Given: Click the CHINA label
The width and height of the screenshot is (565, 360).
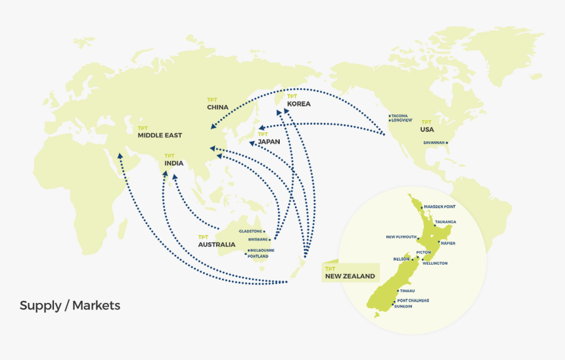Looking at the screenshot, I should tap(217, 107).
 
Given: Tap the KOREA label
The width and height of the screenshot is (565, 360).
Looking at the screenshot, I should tap(298, 104).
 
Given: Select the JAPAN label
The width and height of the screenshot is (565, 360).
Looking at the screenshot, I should tap(269, 142).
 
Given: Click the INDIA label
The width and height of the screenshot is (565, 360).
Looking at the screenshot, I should tap(174, 163).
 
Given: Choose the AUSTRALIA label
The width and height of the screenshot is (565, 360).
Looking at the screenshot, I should tap(216, 244).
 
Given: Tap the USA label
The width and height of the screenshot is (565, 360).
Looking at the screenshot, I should tap(427, 129).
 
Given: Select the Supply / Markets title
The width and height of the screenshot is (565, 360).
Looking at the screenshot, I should tap(70, 305).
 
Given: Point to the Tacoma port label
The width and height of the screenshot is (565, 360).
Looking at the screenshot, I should tap(399, 116).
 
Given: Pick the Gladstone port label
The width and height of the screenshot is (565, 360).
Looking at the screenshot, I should tap(251, 231).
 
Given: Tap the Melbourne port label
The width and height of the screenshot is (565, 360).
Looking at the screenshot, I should tap(262, 250).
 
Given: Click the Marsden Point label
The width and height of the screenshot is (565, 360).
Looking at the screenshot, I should tap(440, 206).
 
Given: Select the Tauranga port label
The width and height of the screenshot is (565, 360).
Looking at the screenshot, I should tap(445, 222).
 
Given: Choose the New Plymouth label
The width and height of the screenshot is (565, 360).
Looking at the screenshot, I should tap(401, 236).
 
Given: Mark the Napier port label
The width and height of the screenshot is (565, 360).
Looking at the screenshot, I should tap(448, 243).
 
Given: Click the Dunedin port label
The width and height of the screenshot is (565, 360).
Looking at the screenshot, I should tap(403, 306).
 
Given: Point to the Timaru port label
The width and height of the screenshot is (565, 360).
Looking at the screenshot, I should tap(407, 290).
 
